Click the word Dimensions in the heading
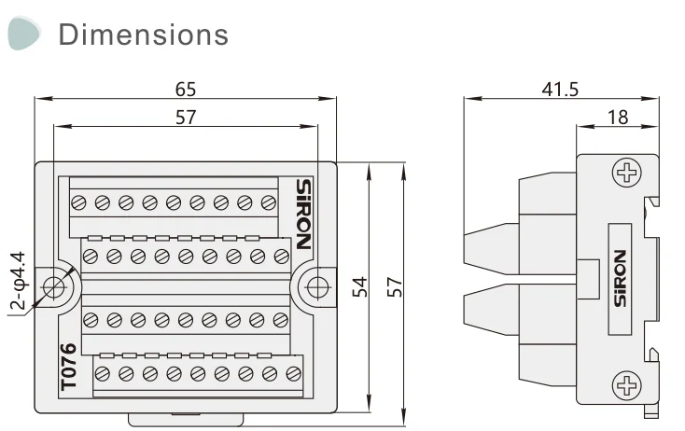[143, 35]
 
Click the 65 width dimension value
[186, 90]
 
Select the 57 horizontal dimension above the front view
[186, 117]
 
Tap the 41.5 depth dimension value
[560, 90]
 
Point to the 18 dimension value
[617, 117]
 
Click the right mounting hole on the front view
[316, 285]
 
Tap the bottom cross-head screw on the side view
[625, 383]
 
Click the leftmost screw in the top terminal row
[78, 202]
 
